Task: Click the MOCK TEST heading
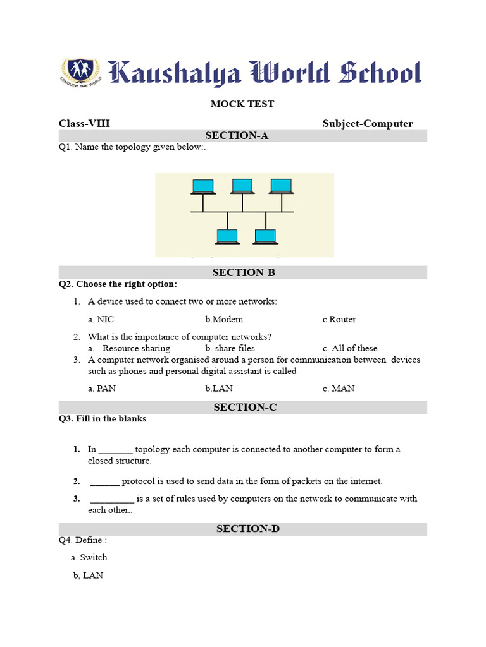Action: pyautogui.click(x=242, y=104)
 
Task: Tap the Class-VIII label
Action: pyautogui.click(x=84, y=123)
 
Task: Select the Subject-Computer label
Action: pyautogui.click(x=368, y=123)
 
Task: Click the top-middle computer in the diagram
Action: pyautogui.click(x=242, y=186)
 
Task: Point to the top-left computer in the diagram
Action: pyautogui.click(x=203, y=186)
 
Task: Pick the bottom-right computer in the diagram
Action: pyautogui.click(x=265, y=236)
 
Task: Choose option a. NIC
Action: pyautogui.click(x=101, y=319)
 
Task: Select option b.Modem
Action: pyautogui.click(x=224, y=319)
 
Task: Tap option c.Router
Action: pyautogui.click(x=339, y=319)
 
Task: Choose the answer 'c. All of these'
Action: pyautogui.click(x=349, y=348)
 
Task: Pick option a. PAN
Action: pyautogui.click(x=102, y=389)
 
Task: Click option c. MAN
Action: pyautogui.click(x=339, y=389)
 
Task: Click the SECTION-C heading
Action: pyautogui.click(x=245, y=408)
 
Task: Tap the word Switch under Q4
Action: pyautogui.click(x=93, y=557)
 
